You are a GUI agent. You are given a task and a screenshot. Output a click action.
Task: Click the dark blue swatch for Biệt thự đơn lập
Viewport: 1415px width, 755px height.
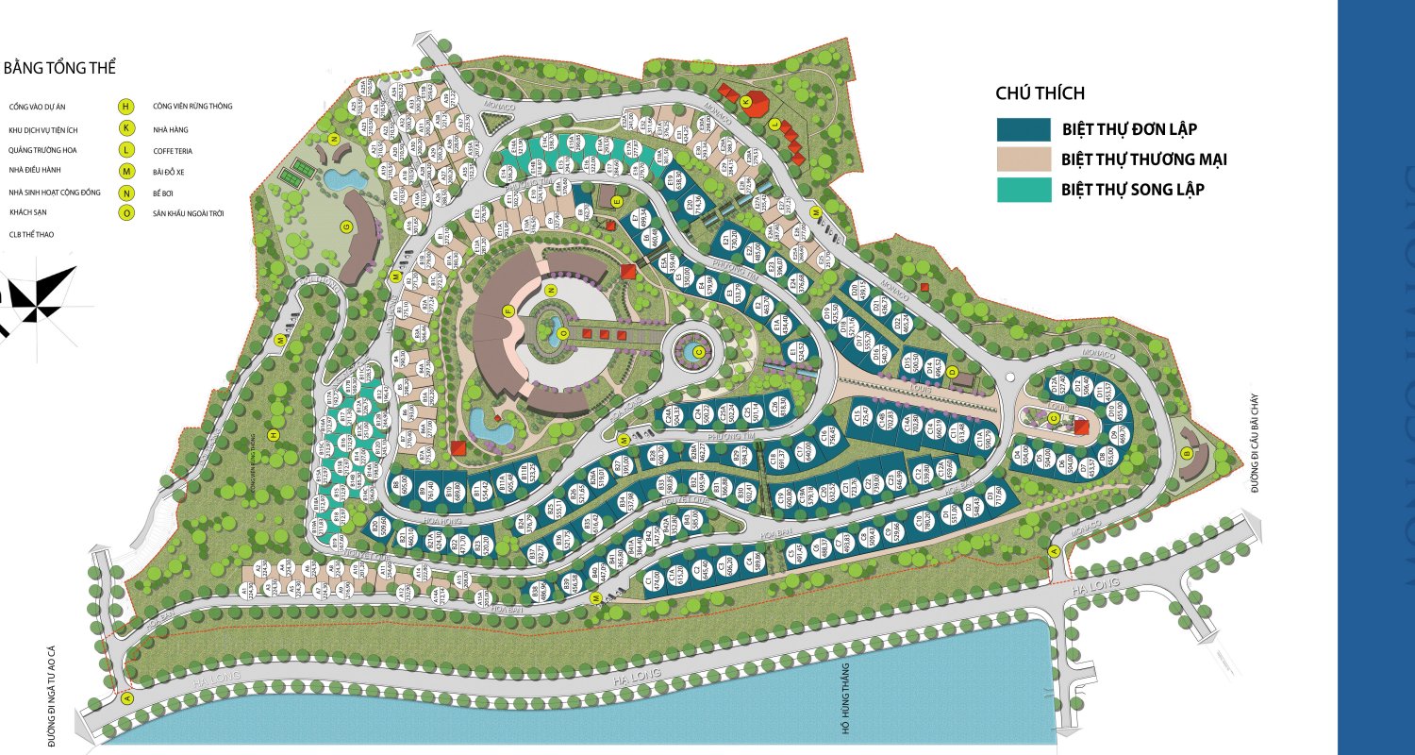[x=1024, y=129]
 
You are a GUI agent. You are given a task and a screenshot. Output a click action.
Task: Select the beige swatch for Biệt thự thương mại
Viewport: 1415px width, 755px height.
[x=1024, y=159]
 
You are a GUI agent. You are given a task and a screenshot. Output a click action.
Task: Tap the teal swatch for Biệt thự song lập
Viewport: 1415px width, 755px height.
[x=1024, y=189]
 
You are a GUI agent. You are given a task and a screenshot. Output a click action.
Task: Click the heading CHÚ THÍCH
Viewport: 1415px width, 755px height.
[x=1040, y=92]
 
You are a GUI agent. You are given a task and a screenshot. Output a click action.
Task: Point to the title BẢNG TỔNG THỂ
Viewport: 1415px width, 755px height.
[x=59, y=69]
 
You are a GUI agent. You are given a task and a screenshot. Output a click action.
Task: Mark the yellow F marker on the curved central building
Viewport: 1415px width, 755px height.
[x=508, y=310]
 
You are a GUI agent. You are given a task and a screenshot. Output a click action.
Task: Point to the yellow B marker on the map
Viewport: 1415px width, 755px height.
[x=1186, y=453]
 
